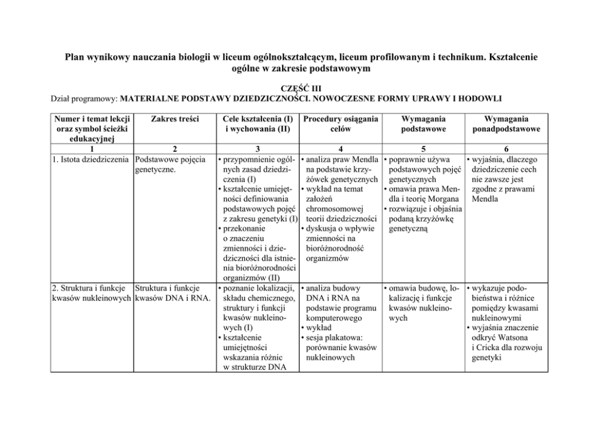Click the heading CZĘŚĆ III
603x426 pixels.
pyautogui.click(x=301, y=88)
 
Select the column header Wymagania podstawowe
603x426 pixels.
pyautogui.click(x=423, y=124)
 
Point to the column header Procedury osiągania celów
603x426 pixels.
pyautogui.click(x=340, y=124)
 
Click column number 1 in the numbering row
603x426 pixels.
pyautogui.click(x=91, y=149)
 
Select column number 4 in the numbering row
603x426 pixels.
pyautogui.click(x=340, y=149)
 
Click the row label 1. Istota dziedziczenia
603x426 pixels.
pyautogui.click(x=91, y=160)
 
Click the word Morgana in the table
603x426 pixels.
pyautogui.click(x=440, y=199)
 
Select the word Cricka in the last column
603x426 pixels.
pyautogui.click(x=488, y=348)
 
